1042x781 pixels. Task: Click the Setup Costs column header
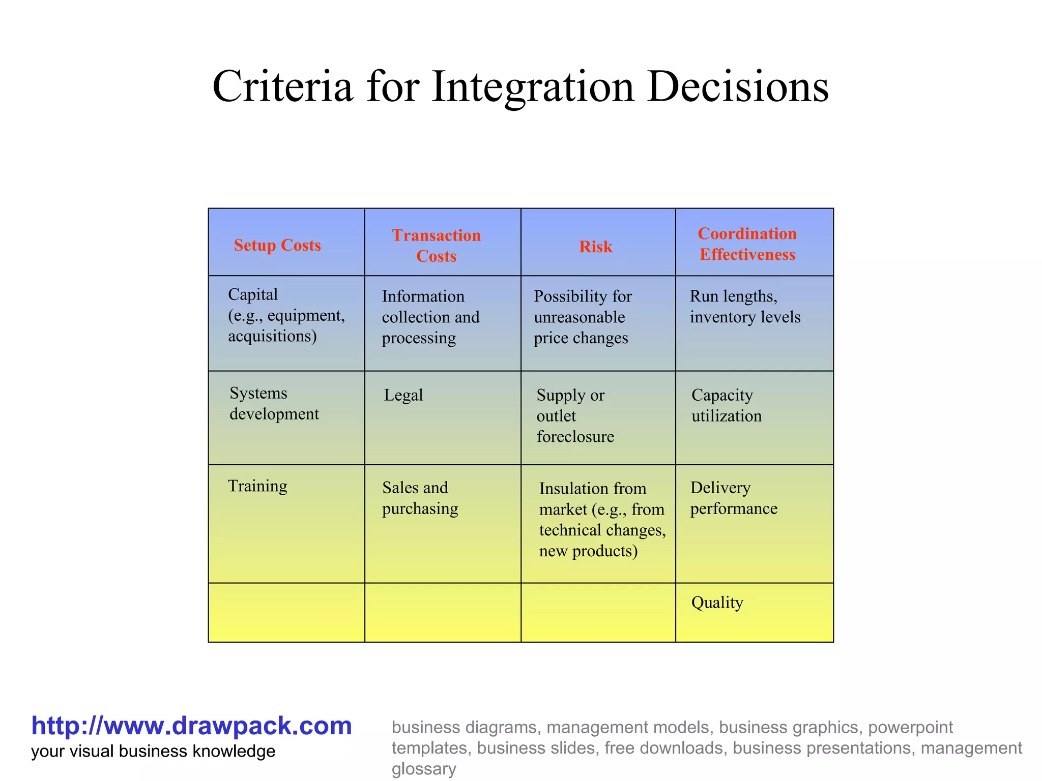pyautogui.click(x=277, y=245)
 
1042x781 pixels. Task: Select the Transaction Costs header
pyautogui.click(x=437, y=246)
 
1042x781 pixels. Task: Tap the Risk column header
pyautogui.click(x=596, y=247)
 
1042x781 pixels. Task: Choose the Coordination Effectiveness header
pyautogui.click(x=747, y=244)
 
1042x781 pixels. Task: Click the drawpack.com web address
pyautogui.click(x=191, y=726)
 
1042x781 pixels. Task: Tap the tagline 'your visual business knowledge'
pyautogui.click(x=153, y=752)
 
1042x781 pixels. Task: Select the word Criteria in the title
pyautogui.click(x=282, y=86)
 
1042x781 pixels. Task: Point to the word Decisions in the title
pyautogui.click(x=738, y=86)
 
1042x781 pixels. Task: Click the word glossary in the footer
pyautogui.click(x=424, y=769)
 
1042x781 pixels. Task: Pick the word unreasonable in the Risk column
pyautogui.click(x=580, y=317)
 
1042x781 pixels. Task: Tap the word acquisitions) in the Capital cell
pyautogui.click(x=272, y=336)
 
